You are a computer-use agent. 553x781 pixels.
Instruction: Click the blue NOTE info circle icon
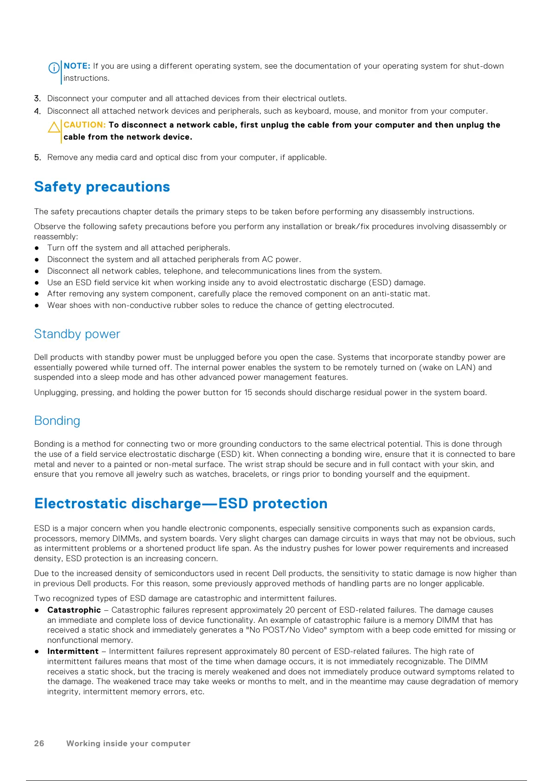[x=54, y=68]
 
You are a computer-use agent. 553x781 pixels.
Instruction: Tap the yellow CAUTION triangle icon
[x=54, y=127]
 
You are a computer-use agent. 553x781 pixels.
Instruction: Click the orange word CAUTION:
[x=85, y=125]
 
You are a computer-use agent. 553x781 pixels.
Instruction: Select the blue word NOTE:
[x=77, y=66]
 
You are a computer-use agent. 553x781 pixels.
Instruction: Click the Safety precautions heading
[x=102, y=186]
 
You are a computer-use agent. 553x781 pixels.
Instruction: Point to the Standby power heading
[x=77, y=334]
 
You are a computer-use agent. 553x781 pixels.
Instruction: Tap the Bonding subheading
[x=57, y=421]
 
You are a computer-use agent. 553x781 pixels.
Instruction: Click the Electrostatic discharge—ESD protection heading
[x=181, y=503]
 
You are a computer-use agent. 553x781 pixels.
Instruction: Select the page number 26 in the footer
[x=39, y=743]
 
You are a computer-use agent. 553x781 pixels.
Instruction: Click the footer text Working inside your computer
[x=128, y=743]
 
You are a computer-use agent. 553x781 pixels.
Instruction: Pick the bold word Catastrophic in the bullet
[x=74, y=610]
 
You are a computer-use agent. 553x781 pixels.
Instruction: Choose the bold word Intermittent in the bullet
[x=73, y=651]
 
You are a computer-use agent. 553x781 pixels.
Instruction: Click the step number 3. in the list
[x=38, y=98]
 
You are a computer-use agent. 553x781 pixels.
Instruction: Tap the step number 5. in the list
[x=38, y=157]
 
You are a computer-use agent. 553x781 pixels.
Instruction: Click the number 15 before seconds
[x=248, y=392]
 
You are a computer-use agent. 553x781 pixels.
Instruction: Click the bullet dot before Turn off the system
[x=37, y=248]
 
